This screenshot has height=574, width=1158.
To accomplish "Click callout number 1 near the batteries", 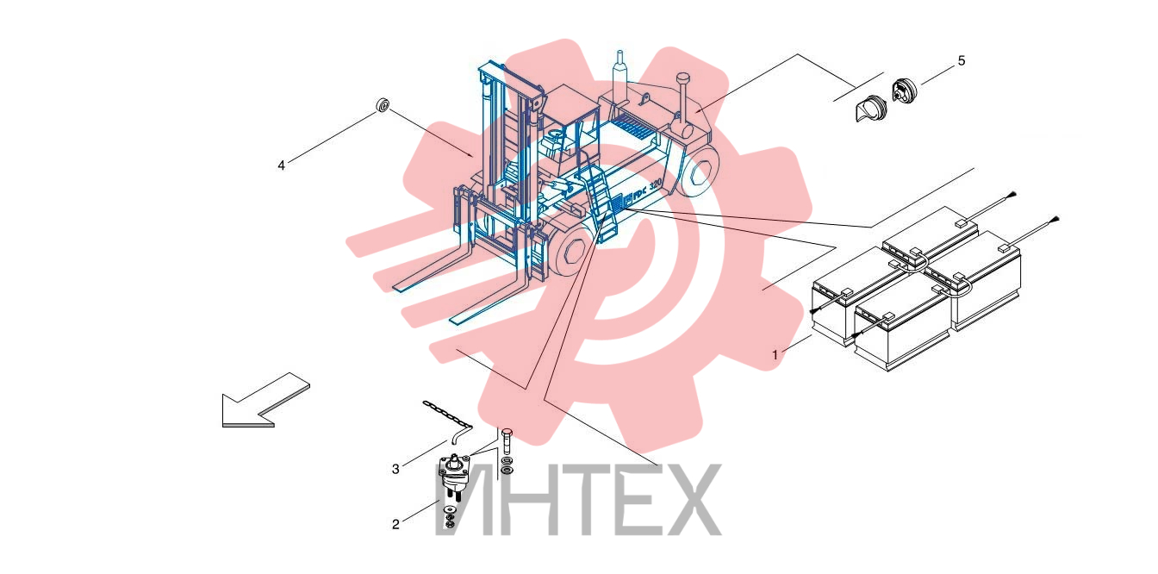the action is pos(775,355).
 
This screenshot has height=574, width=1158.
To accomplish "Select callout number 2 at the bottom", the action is pos(395,524).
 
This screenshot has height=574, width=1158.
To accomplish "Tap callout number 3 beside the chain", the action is pos(395,469).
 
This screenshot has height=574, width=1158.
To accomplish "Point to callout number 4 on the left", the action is pos(281,165).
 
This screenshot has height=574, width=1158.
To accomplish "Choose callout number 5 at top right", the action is pos(961,61).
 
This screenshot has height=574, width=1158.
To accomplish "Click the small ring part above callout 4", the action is pos(382,105).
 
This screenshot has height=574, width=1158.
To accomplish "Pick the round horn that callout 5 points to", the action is pos(904,91).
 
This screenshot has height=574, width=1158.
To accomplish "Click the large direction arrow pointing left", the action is pos(265,400).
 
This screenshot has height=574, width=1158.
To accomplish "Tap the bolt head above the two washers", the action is pos(507,433).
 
